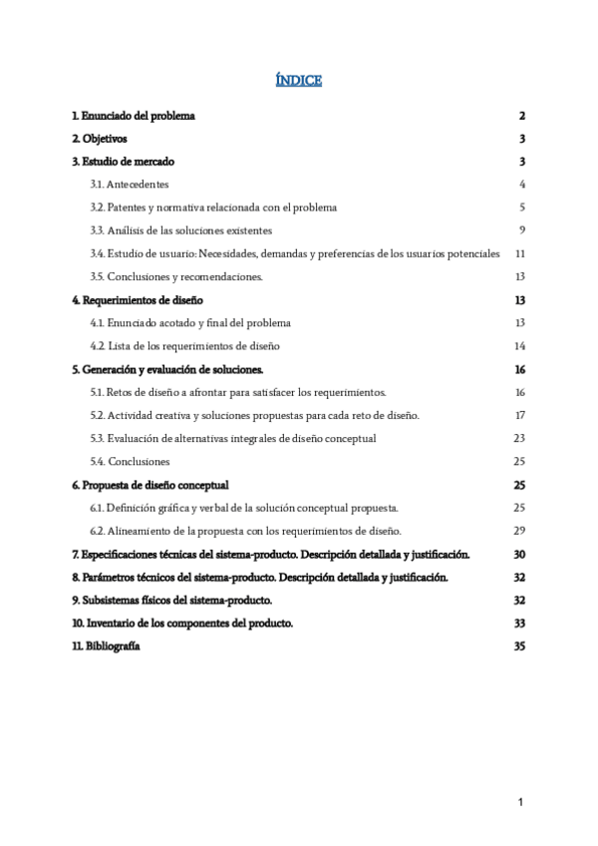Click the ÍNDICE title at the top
pyautogui.click(x=299, y=81)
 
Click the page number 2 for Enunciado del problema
pyautogui.click(x=521, y=116)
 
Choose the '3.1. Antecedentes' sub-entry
pyautogui.click(x=130, y=185)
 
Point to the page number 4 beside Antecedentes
pyautogui.click(x=521, y=185)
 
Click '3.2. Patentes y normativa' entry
pyautogui.click(x=213, y=208)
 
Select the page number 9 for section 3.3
pyautogui.click(x=521, y=230)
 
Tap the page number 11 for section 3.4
pyautogui.click(x=519, y=253)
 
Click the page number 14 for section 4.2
pyautogui.click(x=519, y=346)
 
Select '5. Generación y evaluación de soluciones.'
pyautogui.click(x=167, y=369)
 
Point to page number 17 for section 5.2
pyautogui.click(x=519, y=415)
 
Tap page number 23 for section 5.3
pyautogui.click(x=519, y=438)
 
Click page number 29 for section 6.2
pyautogui.click(x=519, y=531)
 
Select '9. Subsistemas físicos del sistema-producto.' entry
pyautogui.click(x=172, y=601)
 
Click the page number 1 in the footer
pyautogui.click(x=520, y=802)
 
